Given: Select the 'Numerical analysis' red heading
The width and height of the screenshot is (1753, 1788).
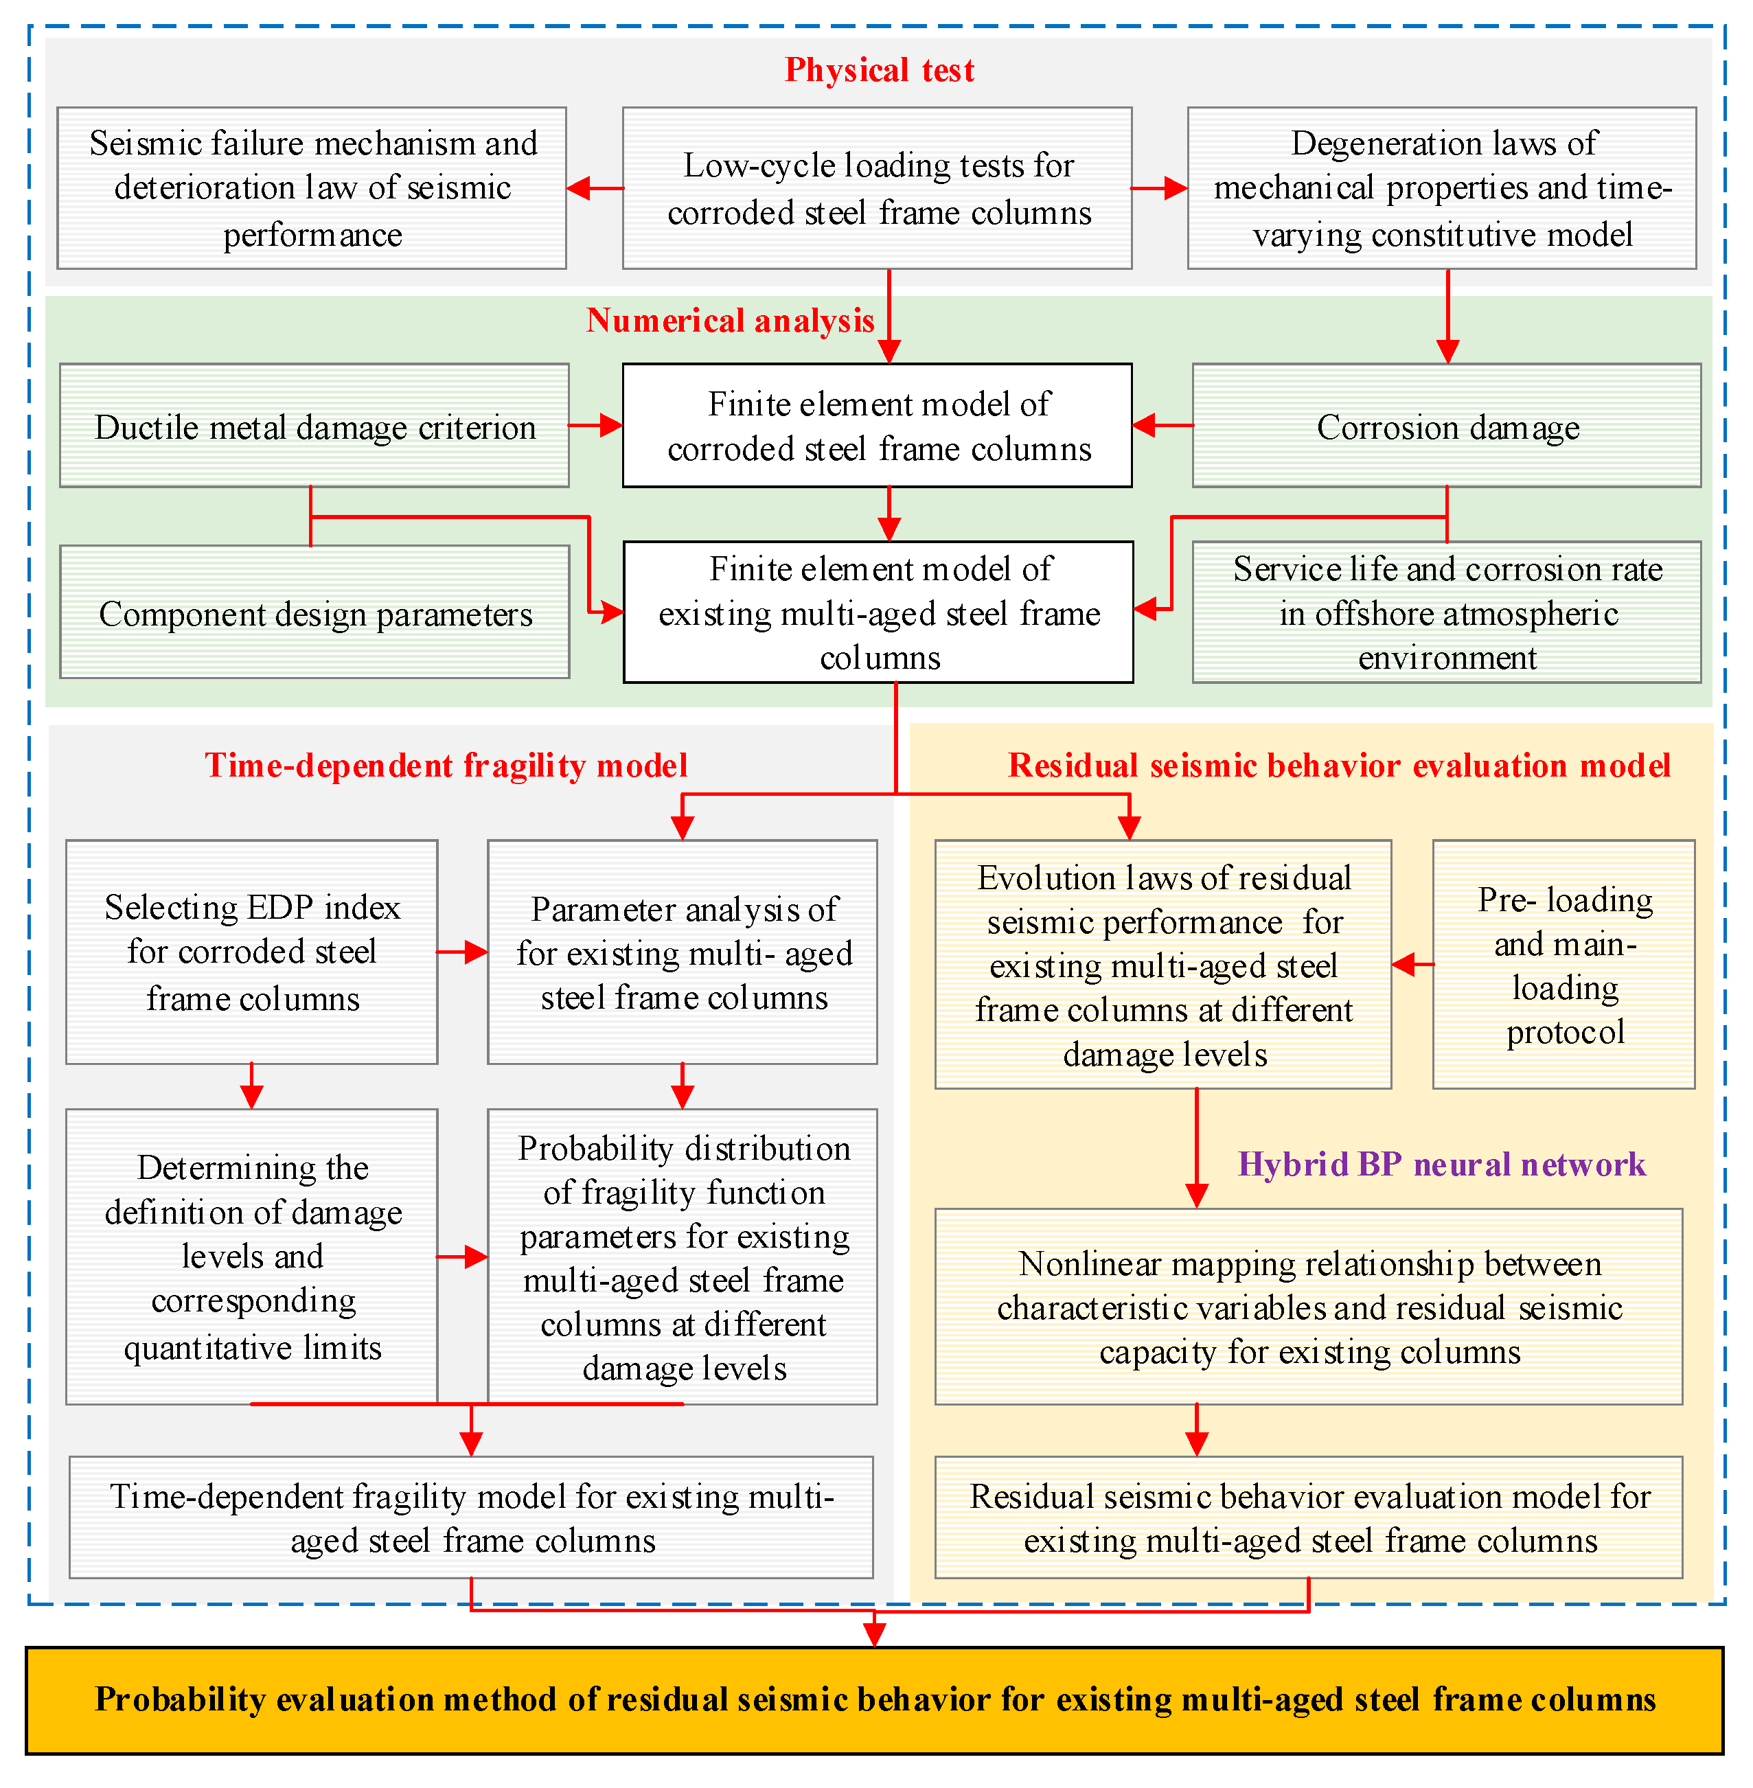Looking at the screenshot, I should tap(729, 321).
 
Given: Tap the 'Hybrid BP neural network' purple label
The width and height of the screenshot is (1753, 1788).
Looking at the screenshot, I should tap(1441, 1165).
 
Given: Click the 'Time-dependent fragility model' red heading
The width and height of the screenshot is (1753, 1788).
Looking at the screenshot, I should tap(446, 765).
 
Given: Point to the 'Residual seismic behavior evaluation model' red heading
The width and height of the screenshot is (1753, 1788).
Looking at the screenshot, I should tap(1339, 765).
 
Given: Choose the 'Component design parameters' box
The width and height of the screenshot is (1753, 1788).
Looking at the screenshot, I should tap(315, 613).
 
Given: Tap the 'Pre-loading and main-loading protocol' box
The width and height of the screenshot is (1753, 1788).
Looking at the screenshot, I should tap(1563, 965).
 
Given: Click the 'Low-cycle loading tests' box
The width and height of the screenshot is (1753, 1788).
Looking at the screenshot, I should tap(878, 189).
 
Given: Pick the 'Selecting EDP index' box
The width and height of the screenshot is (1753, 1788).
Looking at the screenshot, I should tap(251, 952).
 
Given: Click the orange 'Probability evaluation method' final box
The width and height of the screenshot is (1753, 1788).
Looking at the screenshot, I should tap(875, 1699).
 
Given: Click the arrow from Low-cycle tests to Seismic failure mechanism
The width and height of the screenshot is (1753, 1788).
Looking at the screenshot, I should tap(595, 189).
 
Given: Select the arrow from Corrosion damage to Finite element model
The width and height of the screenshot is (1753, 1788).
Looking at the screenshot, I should tap(1162, 425).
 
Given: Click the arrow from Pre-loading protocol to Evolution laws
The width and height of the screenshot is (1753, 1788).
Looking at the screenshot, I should tap(1412, 965).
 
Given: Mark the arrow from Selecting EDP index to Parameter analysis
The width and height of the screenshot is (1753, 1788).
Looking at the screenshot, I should tap(462, 952).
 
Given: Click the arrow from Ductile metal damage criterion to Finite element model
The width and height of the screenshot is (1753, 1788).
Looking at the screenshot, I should tap(596, 425).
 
